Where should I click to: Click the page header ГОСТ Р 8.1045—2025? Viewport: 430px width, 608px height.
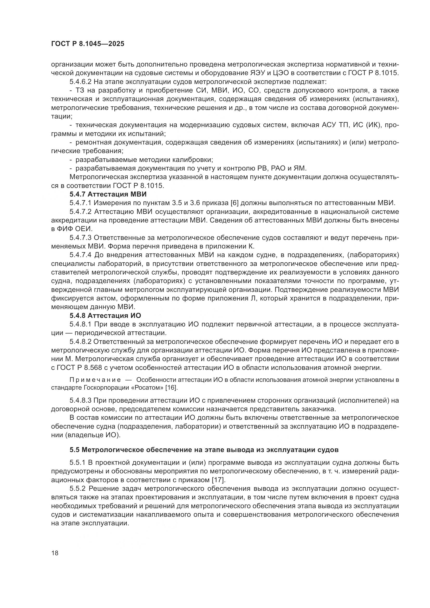tap(88, 44)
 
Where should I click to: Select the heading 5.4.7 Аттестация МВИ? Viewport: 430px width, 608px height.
tap(108, 194)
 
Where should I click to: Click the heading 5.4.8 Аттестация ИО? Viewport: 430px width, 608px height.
tap(105, 316)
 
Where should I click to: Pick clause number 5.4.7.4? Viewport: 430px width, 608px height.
tap(81, 255)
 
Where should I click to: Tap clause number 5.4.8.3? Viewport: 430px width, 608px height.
tap(81, 400)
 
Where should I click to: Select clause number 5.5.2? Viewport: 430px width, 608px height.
tap(77, 489)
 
